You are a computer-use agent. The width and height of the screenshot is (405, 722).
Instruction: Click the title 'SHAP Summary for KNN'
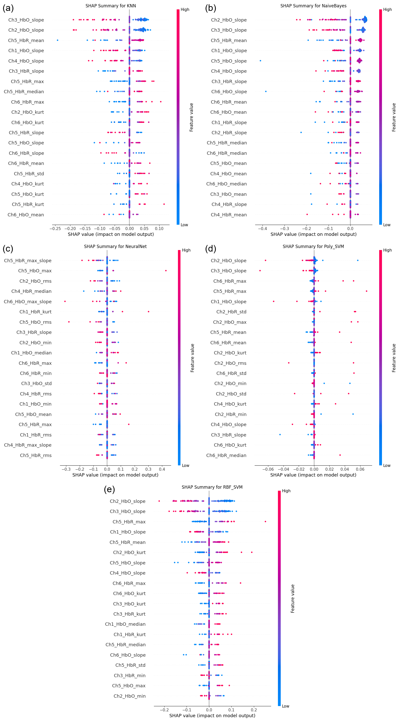click(x=111, y=6)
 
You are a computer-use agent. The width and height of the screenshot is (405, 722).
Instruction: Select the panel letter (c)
click(x=8, y=249)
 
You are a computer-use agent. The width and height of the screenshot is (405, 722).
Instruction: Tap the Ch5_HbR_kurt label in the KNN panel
click(x=28, y=204)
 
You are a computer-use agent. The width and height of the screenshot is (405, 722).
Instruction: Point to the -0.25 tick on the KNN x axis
click(x=55, y=229)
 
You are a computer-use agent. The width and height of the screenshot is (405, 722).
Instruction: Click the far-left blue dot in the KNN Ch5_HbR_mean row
click(x=58, y=40)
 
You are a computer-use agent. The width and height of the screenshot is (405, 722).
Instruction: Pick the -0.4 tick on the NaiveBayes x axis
click(x=262, y=229)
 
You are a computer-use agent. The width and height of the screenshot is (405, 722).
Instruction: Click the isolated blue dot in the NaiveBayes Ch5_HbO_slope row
click(x=260, y=61)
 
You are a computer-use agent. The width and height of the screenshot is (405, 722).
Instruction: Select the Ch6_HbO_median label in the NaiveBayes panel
click(x=226, y=184)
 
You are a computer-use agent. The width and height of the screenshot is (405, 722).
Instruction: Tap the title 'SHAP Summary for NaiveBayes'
click(x=313, y=6)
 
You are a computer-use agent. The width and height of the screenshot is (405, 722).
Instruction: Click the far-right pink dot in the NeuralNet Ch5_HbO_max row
click(x=166, y=271)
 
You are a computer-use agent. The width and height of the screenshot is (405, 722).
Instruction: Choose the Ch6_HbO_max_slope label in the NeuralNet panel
click(x=28, y=301)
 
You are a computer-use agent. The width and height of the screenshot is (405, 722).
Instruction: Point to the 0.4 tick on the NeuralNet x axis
click(x=162, y=469)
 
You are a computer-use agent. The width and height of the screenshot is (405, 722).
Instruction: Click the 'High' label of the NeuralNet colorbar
click(x=186, y=250)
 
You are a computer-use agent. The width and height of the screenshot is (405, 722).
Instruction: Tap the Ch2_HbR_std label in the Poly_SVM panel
click(x=231, y=312)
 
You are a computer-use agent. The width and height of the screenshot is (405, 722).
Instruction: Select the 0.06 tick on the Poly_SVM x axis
click(x=360, y=469)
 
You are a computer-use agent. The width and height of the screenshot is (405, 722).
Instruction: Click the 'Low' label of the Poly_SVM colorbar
click(x=387, y=466)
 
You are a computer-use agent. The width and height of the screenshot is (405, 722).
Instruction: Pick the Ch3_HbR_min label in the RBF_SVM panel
click(x=129, y=675)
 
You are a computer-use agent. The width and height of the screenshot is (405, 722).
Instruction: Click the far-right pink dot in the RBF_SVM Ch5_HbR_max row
click(x=265, y=521)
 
